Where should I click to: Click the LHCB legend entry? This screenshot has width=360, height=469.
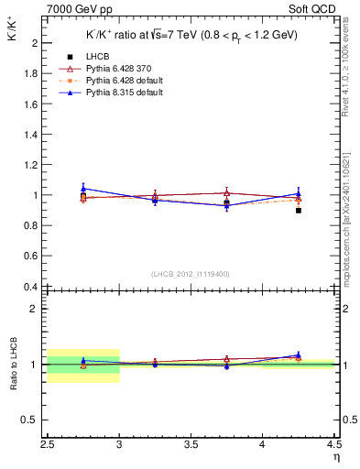(x=96, y=58)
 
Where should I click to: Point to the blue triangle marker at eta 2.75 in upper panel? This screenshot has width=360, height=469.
(x=83, y=188)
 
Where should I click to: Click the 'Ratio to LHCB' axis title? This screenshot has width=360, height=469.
(x=14, y=364)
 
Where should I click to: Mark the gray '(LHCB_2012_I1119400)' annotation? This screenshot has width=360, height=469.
(x=191, y=274)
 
